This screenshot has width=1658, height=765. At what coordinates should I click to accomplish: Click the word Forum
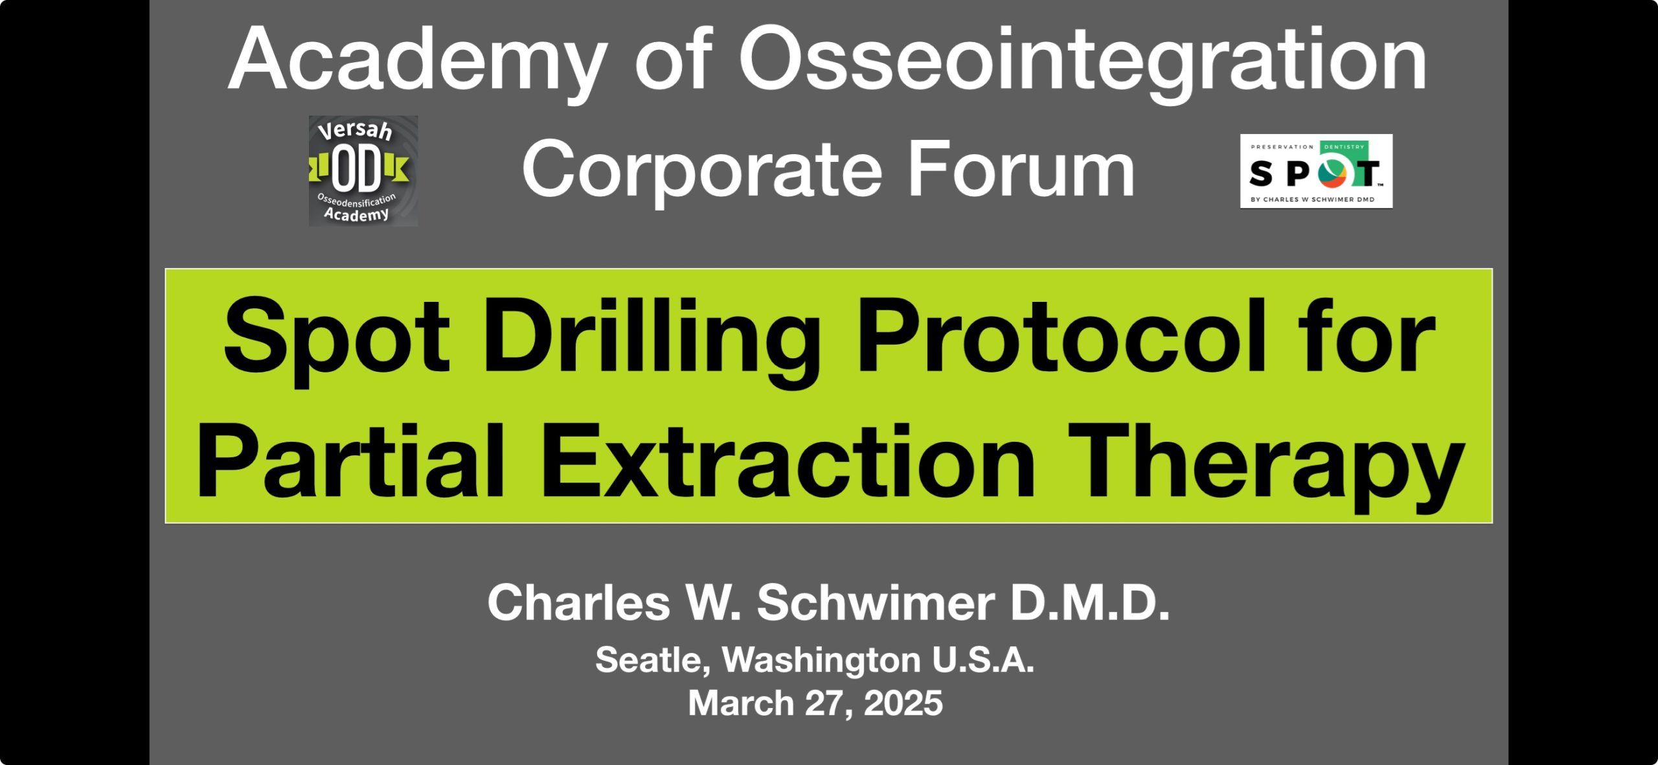(1021, 170)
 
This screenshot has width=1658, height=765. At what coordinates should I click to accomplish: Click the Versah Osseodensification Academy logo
(363, 171)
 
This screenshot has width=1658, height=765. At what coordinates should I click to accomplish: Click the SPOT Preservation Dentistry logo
(1316, 171)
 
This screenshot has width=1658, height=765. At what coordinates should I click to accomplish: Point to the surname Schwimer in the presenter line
(876, 602)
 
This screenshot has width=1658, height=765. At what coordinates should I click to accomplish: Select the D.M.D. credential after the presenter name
(1090, 602)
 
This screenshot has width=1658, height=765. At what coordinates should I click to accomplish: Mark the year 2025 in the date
(903, 703)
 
